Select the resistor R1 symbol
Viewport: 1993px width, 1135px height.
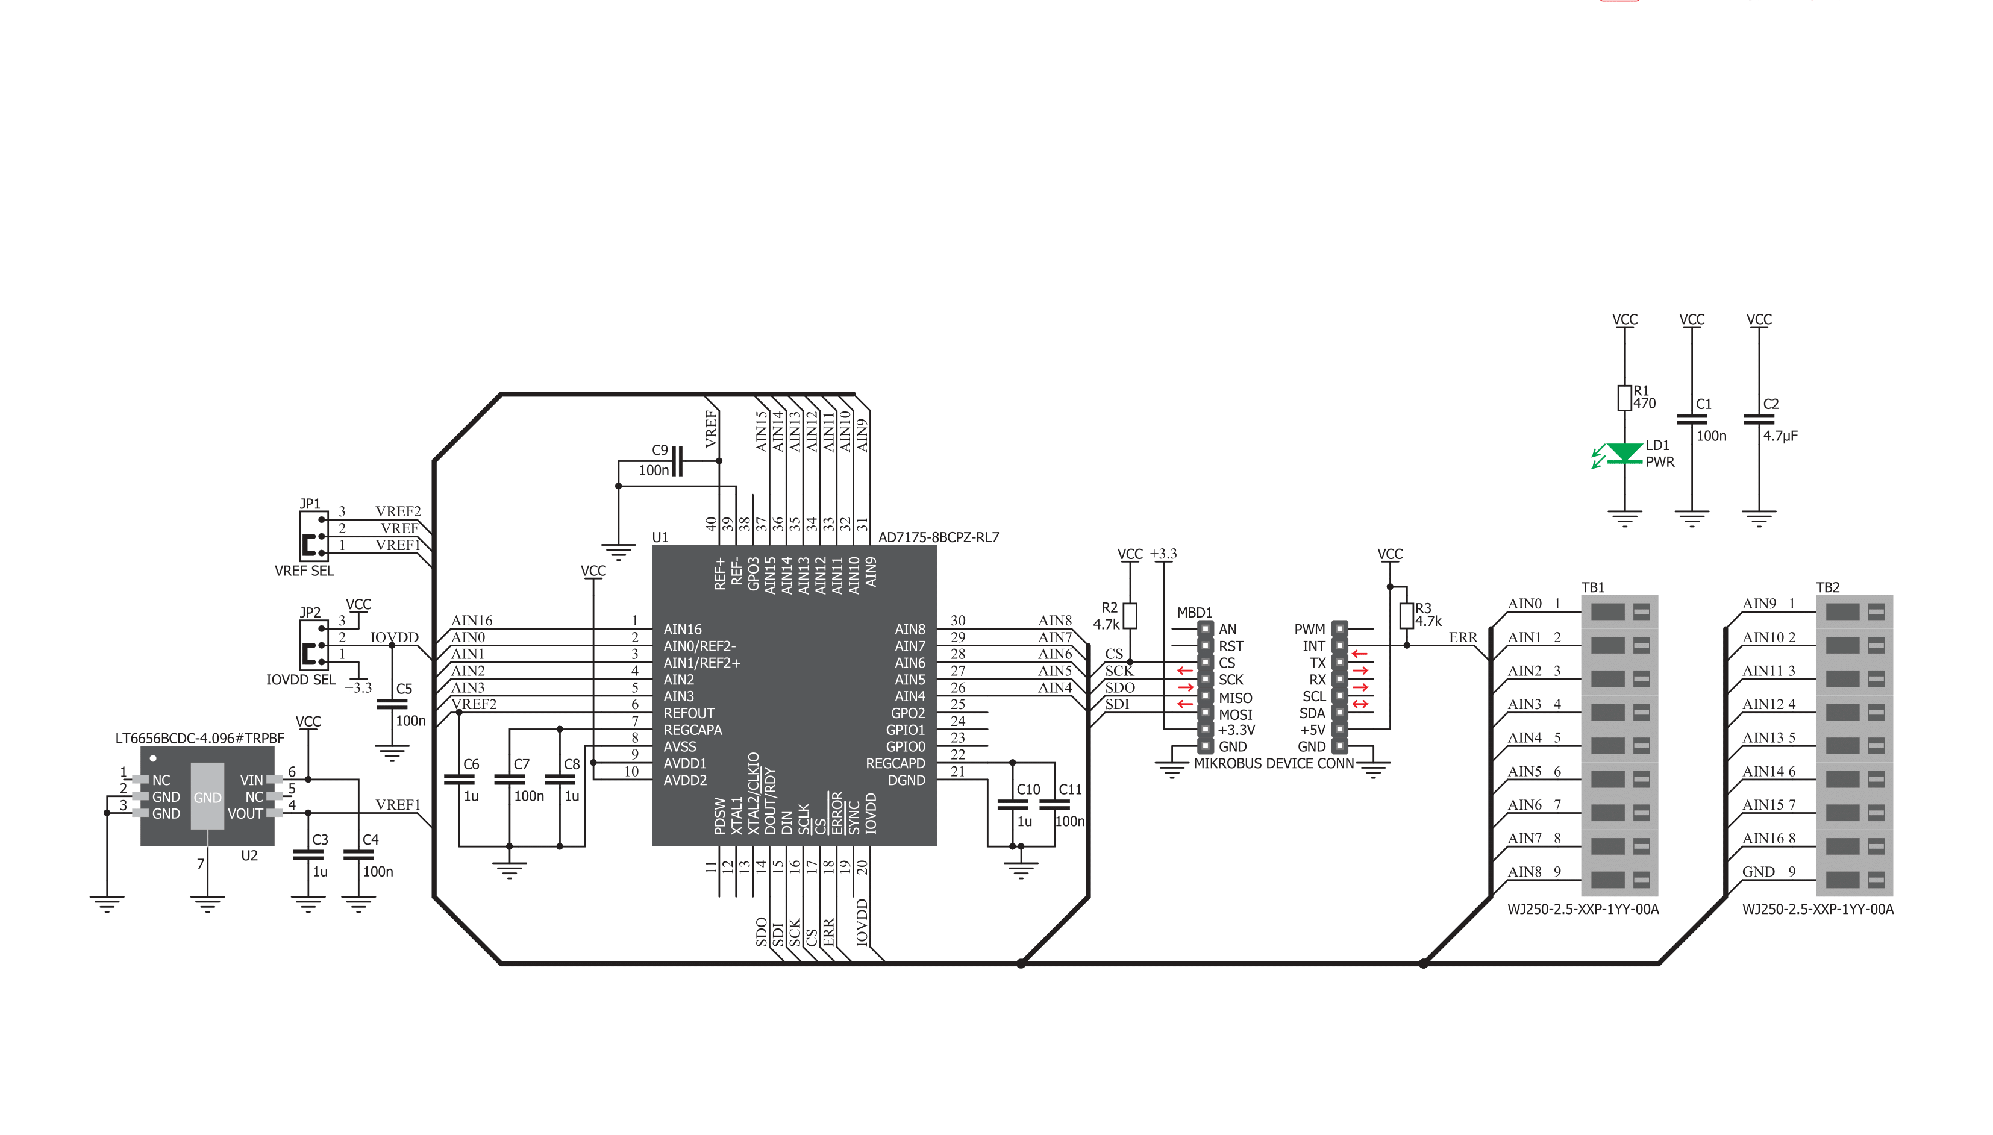coord(1624,398)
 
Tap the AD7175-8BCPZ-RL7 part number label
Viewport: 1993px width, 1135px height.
coord(939,537)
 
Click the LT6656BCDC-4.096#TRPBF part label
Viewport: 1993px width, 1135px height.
coord(199,738)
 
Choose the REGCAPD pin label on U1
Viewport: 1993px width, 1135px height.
coord(895,764)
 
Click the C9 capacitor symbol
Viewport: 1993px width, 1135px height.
coord(677,461)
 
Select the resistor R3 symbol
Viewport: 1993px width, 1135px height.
coord(1406,616)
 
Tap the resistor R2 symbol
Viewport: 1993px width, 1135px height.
coord(1130,616)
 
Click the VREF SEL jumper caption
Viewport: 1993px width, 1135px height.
coord(304,571)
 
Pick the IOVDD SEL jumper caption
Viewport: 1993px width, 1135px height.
coord(301,680)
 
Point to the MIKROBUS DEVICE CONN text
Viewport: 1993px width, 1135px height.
coord(1274,764)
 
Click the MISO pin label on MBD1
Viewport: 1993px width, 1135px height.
coord(1236,698)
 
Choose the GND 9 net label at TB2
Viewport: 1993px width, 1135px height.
coord(1768,872)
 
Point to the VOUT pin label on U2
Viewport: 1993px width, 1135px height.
coord(245,814)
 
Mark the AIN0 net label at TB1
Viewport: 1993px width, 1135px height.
coord(1524,604)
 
